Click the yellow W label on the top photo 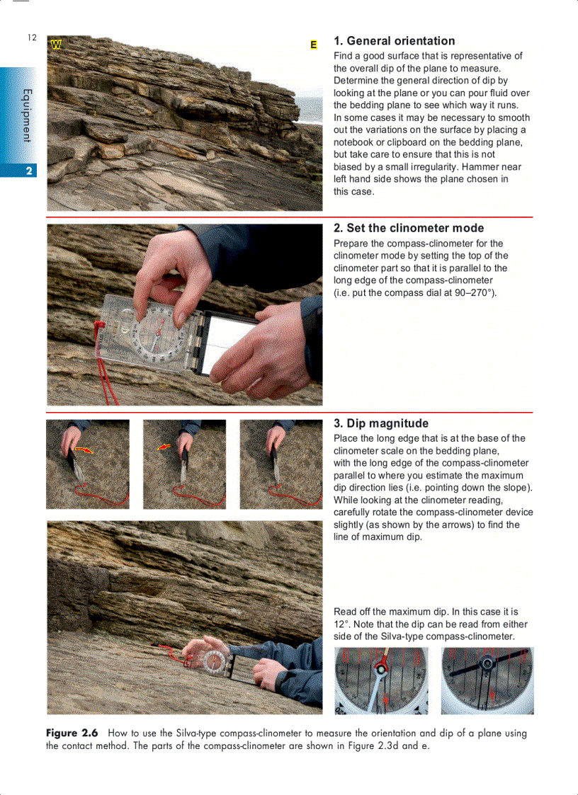[56, 45]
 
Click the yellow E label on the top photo [313, 45]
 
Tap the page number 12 [32, 38]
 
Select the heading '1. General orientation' [394, 41]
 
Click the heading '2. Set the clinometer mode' [409, 228]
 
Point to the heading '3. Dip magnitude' [380, 423]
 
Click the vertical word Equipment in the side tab [27, 115]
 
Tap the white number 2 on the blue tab [28, 171]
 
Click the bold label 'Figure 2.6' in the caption [72, 733]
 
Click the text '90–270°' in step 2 [468, 293]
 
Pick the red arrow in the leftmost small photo [83, 450]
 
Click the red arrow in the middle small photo [164, 447]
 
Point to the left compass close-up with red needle [381, 680]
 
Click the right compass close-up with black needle [487, 680]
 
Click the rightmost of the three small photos [280, 464]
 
